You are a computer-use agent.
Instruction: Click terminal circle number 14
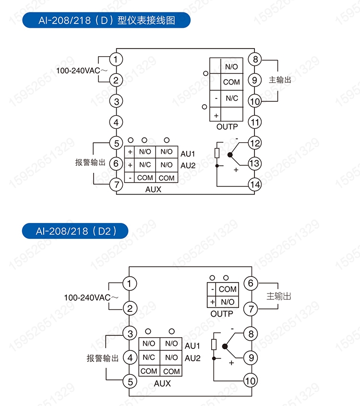(x=255, y=184)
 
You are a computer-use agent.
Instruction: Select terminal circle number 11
(x=255, y=122)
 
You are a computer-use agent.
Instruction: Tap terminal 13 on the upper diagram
(x=255, y=163)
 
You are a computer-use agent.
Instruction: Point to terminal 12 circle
(x=255, y=143)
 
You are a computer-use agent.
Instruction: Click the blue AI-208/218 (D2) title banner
(x=76, y=231)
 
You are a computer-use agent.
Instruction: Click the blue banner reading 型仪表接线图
(x=107, y=21)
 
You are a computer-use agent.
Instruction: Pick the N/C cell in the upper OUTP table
(x=232, y=98)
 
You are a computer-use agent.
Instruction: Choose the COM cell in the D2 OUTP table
(x=228, y=289)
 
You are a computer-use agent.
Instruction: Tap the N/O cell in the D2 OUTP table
(x=228, y=302)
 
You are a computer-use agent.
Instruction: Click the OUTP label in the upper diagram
(x=227, y=127)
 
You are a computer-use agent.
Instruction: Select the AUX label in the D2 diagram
(x=162, y=383)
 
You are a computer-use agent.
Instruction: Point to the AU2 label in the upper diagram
(x=188, y=165)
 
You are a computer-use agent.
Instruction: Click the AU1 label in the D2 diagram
(x=192, y=345)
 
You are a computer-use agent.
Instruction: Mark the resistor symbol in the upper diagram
(x=217, y=153)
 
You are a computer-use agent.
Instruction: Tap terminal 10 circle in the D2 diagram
(x=250, y=381)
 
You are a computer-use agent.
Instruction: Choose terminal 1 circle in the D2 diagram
(x=130, y=283)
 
